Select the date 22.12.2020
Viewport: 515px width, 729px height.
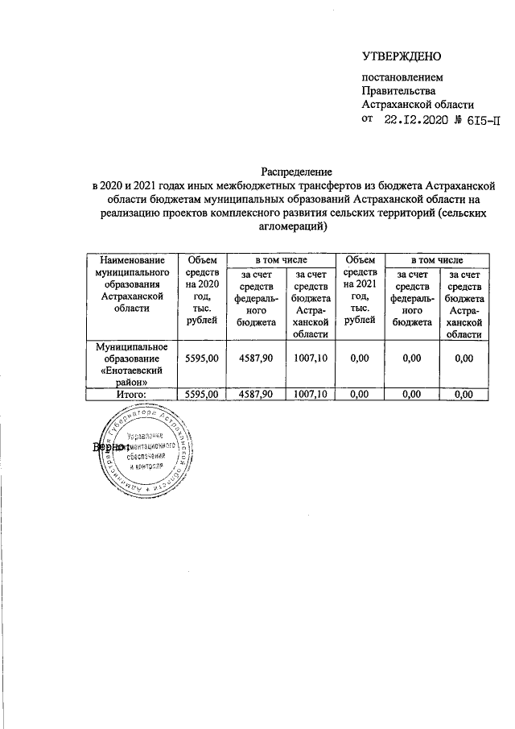[x=419, y=121]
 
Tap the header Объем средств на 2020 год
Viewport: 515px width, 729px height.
[x=202, y=291]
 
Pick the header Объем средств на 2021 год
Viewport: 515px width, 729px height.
[x=360, y=291]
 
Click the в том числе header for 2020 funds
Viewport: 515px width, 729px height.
[x=280, y=260]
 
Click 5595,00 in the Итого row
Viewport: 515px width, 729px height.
[x=202, y=394]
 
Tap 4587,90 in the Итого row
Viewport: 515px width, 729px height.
[x=254, y=394]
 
